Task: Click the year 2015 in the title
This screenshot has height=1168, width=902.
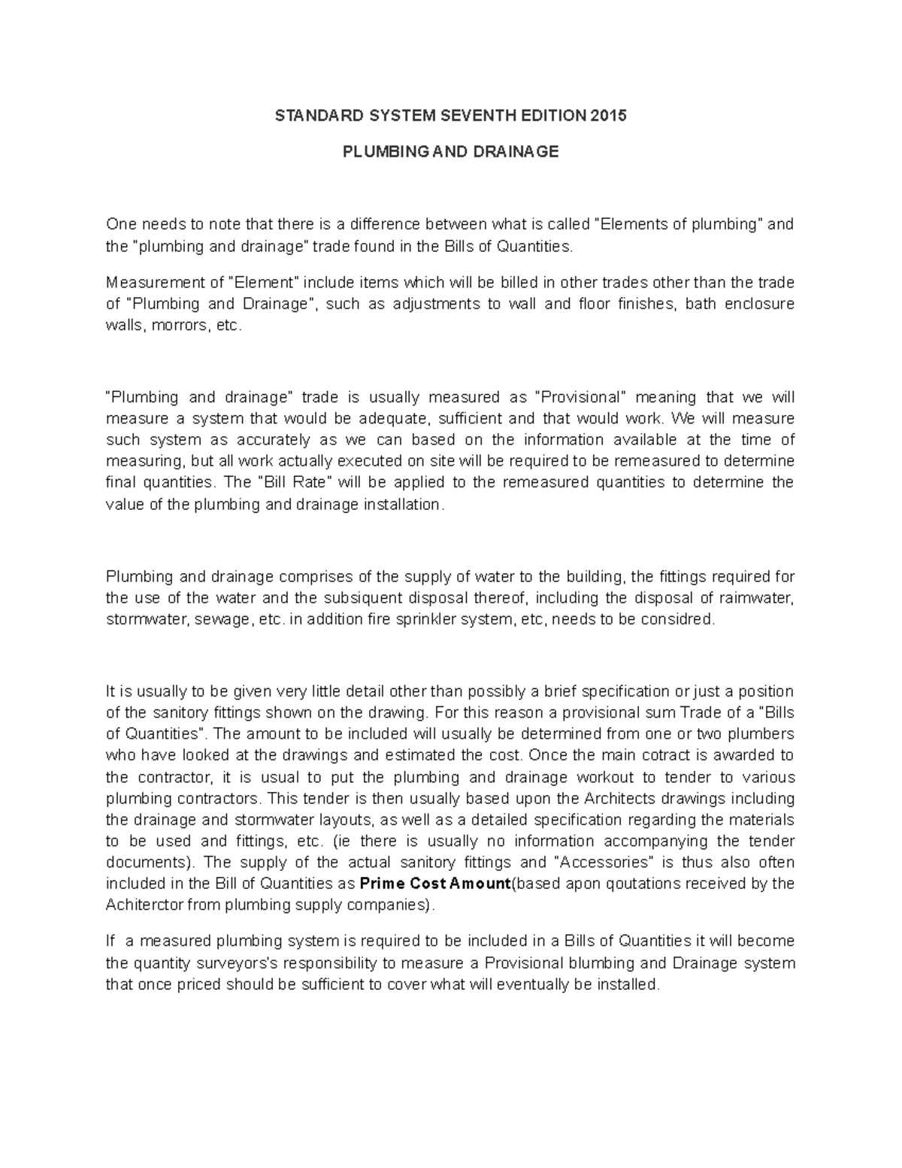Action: point(608,116)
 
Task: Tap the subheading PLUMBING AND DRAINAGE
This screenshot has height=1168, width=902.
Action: point(450,152)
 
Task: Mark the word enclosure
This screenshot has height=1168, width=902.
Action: point(761,304)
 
